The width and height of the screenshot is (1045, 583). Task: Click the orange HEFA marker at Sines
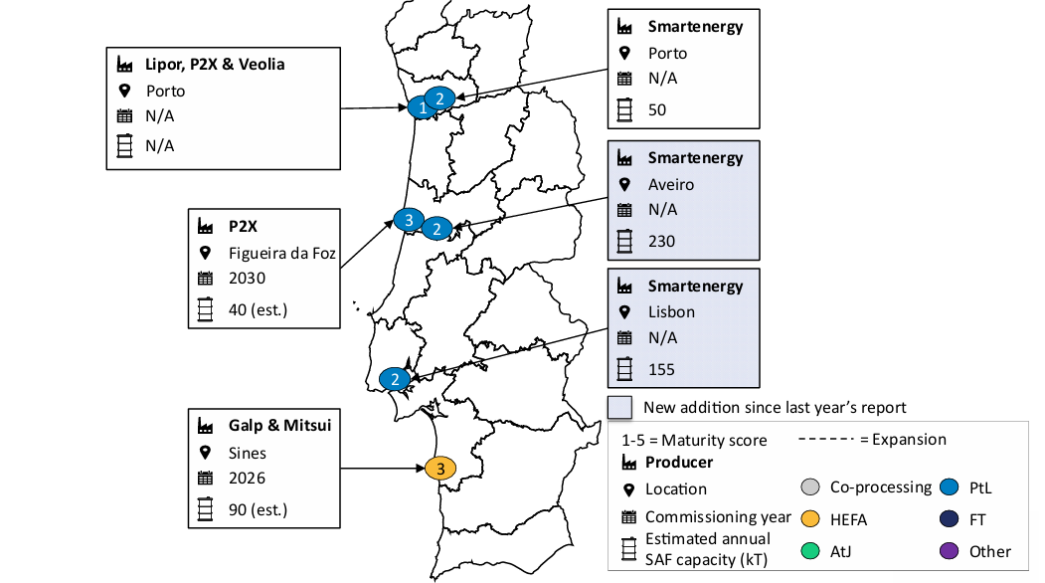pos(439,468)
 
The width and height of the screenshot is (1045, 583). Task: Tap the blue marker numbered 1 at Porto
pos(422,108)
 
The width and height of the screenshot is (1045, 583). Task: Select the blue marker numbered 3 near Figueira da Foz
pos(408,220)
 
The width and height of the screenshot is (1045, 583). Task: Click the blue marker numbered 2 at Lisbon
pos(395,379)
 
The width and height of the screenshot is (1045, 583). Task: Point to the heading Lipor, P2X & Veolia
pos(216,65)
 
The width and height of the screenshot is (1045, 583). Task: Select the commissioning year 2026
pos(247,478)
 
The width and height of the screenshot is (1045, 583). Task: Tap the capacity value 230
pos(661,241)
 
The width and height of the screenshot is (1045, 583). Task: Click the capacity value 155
pos(661,369)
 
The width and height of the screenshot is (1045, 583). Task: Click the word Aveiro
pos(671,184)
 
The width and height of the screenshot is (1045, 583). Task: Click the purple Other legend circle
pos(948,551)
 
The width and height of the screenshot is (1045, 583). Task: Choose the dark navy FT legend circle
pos(948,519)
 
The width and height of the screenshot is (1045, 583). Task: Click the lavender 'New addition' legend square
pos(620,406)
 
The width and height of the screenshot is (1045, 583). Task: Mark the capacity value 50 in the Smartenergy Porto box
pos(657,109)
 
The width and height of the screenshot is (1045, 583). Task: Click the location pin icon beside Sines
pos(206,453)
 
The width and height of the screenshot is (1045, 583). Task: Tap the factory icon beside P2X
pos(206,227)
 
